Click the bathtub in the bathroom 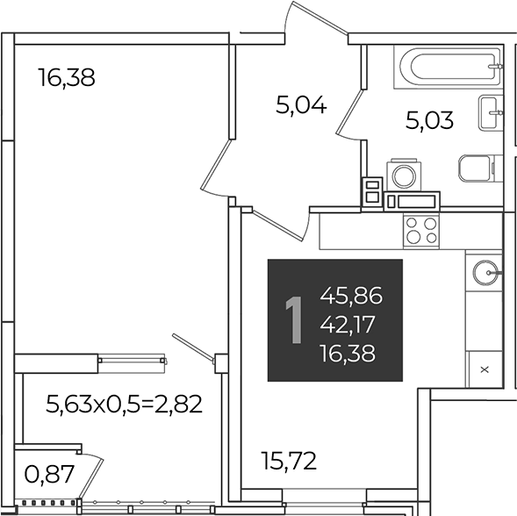point(449,67)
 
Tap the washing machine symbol point(404,175)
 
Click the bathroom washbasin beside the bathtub point(491,112)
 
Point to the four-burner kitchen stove point(421,231)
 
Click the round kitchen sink point(485,272)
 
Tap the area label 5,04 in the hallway point(301,104)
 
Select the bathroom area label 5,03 point(429,120)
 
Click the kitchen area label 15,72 point(289,461)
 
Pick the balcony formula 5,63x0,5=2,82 point(124,405)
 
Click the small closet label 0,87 point(49,474)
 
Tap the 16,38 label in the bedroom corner point(67,77)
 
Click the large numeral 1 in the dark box point(294,319)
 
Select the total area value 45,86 point(351,296)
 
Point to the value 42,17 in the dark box point(348,325)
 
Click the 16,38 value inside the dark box point(348,353)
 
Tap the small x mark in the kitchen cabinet point(485,369)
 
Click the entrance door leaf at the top point(320,18)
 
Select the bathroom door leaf point(350,111)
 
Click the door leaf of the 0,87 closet point(91,477)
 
